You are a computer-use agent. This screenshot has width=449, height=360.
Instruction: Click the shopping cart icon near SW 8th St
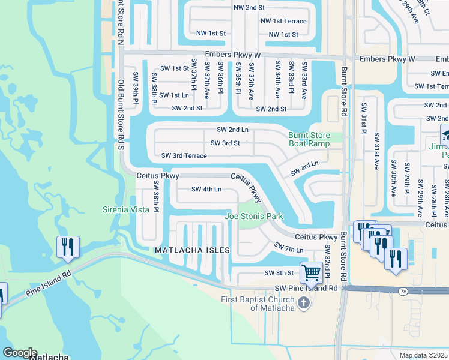pos(311,272)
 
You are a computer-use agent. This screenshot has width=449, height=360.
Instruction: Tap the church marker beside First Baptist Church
pos(304,302)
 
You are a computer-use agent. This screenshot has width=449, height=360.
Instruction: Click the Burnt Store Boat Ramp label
pos(309,140)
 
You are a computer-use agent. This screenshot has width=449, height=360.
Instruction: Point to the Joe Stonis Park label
pos(253,216)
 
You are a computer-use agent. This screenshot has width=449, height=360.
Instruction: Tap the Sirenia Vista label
pos(124,209)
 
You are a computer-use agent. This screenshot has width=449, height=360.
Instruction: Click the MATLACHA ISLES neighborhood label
pos(192,250)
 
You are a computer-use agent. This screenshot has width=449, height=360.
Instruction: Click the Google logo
pos(20,353)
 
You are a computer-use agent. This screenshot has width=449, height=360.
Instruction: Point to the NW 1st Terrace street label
pos(283,21)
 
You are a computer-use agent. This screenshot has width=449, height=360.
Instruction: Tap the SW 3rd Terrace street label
pos(184,156)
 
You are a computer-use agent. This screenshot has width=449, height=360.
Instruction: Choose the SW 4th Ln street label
pos(206,190)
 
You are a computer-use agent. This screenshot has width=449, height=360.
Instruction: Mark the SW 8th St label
pos(279,273)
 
